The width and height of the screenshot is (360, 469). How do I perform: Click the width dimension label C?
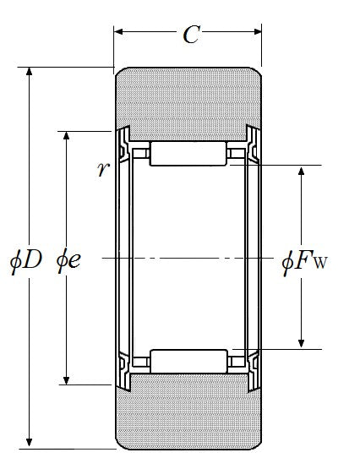[x=191, y=35]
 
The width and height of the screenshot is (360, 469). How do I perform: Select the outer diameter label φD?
[x=25, y=261]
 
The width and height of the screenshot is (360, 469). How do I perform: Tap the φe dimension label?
[x=68, y=261]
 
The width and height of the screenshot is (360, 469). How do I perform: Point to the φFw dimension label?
[x=304, y=263]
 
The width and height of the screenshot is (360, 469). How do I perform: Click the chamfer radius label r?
[x=101, y=169]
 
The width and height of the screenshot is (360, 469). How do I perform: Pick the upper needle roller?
[x=188, y=154]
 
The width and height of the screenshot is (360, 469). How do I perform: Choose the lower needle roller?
[x=188, y=362]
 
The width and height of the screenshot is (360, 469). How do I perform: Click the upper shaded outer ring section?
[x=188, y=103]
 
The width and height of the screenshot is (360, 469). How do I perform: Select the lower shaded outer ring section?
[x=188, y=412]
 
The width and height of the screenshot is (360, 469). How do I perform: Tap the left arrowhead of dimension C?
[x=118, y=31]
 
